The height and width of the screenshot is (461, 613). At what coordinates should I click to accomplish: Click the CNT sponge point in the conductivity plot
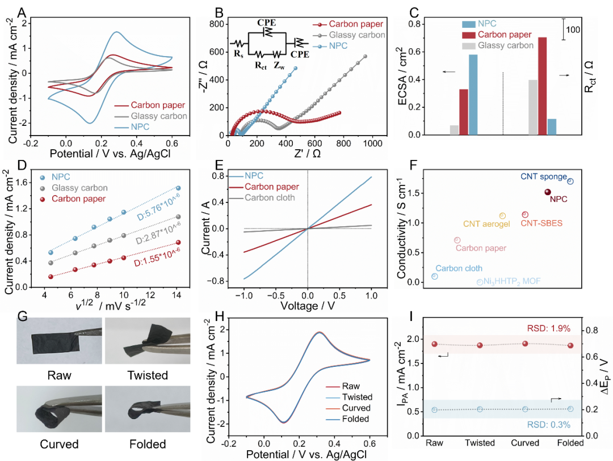point(570,181)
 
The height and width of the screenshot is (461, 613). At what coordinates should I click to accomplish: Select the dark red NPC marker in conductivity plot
point(548,192)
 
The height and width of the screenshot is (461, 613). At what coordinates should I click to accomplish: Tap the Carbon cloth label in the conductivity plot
point(459,268)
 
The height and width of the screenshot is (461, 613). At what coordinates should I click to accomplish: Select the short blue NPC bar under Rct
point(552,127)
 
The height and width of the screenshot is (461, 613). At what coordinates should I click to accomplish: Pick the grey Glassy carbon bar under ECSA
point(454,130)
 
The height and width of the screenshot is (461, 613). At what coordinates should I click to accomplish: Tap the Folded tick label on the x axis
point(570,443)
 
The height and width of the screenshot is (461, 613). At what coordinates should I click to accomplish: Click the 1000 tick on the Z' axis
point(373,144)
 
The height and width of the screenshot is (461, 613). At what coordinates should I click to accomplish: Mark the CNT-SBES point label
point(541,223)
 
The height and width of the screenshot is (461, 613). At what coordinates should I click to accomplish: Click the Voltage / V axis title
point(307,306)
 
